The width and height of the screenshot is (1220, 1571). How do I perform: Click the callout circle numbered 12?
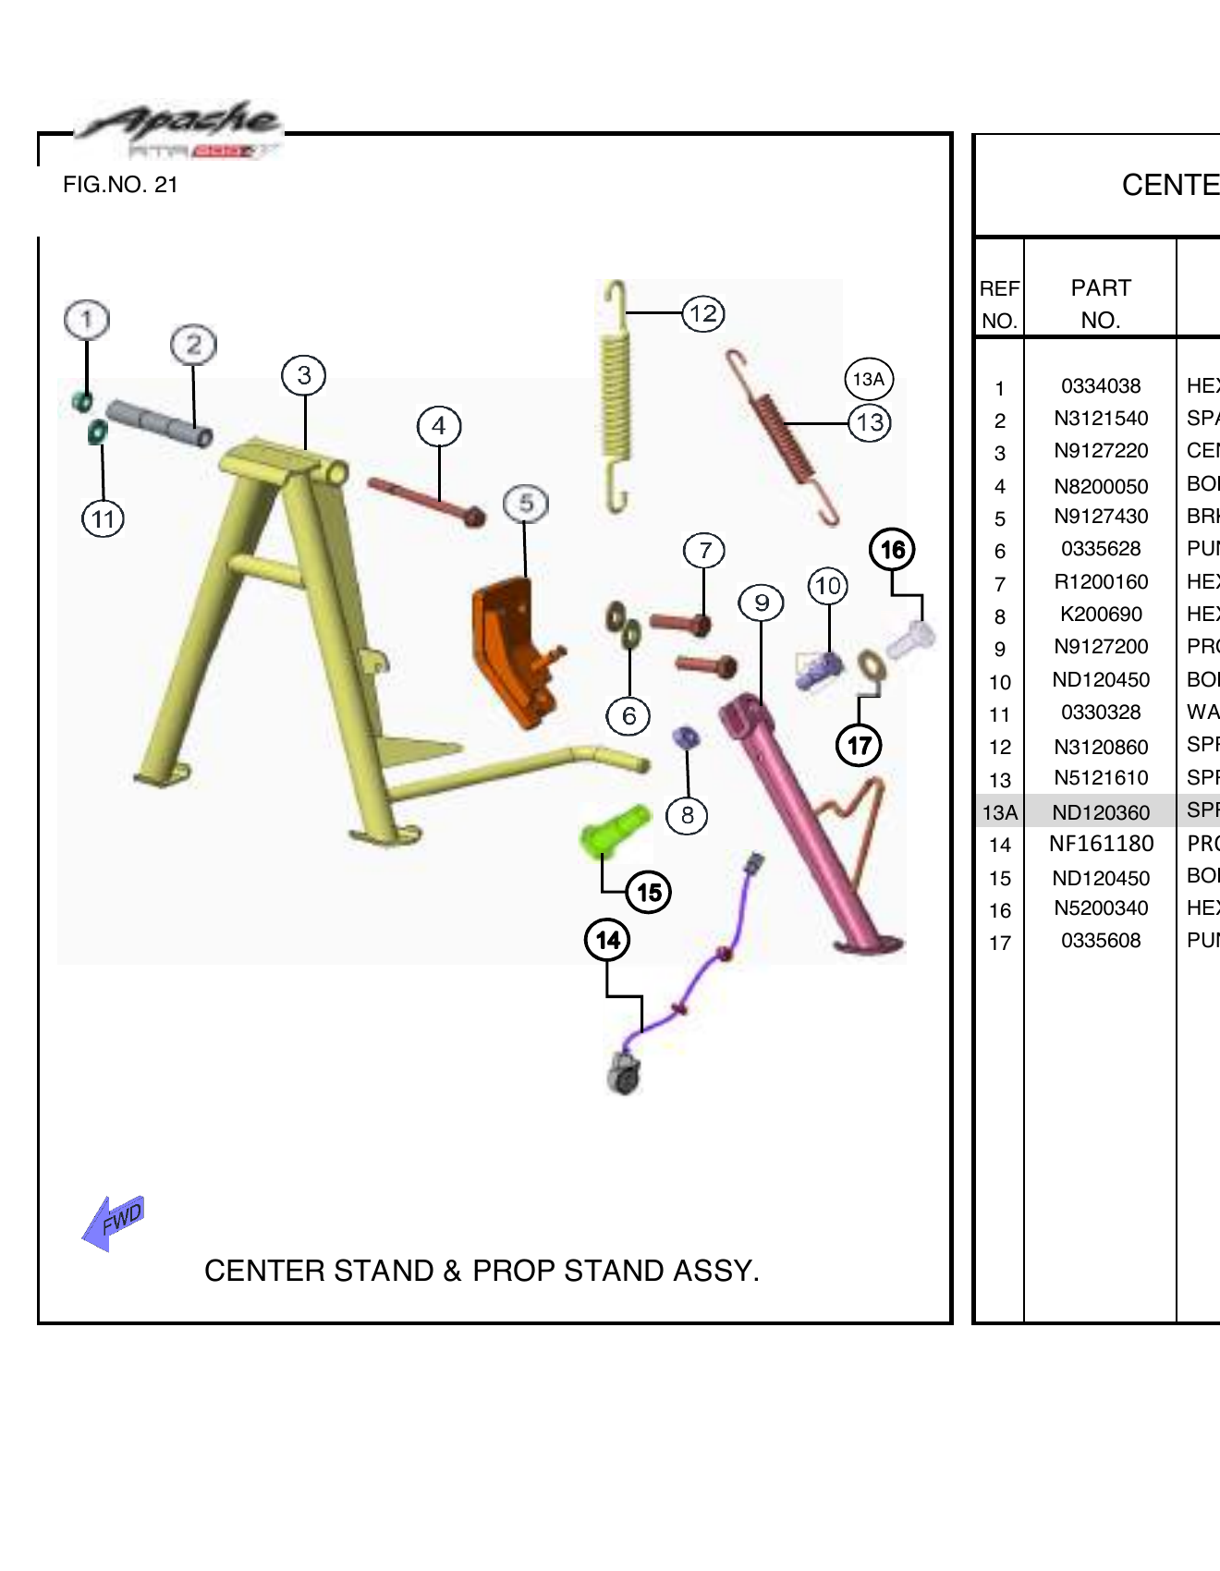pyautogui.click(x=702, y=314)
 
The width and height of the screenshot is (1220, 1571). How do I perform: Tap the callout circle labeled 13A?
pyautogui.click(x=869, y=379)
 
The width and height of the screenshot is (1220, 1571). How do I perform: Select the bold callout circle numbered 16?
pyautogui.click(x=892, y=550)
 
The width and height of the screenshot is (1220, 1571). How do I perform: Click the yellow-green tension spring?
pyautogui.click(x=616, y=397)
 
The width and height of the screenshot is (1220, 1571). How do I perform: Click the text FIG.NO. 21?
pyautogui.click(x=120, y=185)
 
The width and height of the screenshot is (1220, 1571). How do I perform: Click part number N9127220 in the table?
pyautogui.click(x=1101, y=451)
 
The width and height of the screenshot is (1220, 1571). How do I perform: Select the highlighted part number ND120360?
pyautogui.click(x=1101, y=812)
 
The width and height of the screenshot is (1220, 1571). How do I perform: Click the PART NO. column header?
pyautogui.click(x=1101, y=303)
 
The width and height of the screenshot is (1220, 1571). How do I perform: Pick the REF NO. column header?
pyautogui.click(x=999, y=303)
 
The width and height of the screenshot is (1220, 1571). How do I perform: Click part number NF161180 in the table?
pyautogui.click(x=1101, y=844)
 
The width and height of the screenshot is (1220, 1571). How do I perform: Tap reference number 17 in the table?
pyautogui.click(x=1000, y=943)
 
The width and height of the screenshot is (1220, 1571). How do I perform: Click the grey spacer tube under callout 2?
pyautogui.click(x=159, y=423)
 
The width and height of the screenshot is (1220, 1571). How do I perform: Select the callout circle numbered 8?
pyautogui.click(x=687, y=815)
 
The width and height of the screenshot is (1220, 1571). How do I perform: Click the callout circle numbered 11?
pyautogui.click(x=103, y=519)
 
